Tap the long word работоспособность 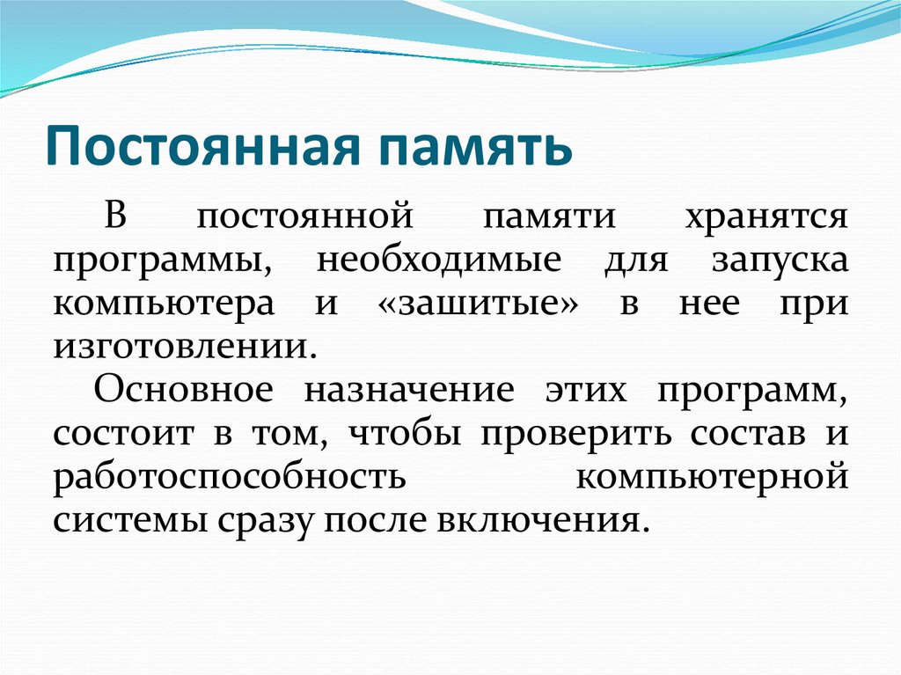pyautogui.click(x=229, y=476)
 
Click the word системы pyautogui.click(x=125, y=519)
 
